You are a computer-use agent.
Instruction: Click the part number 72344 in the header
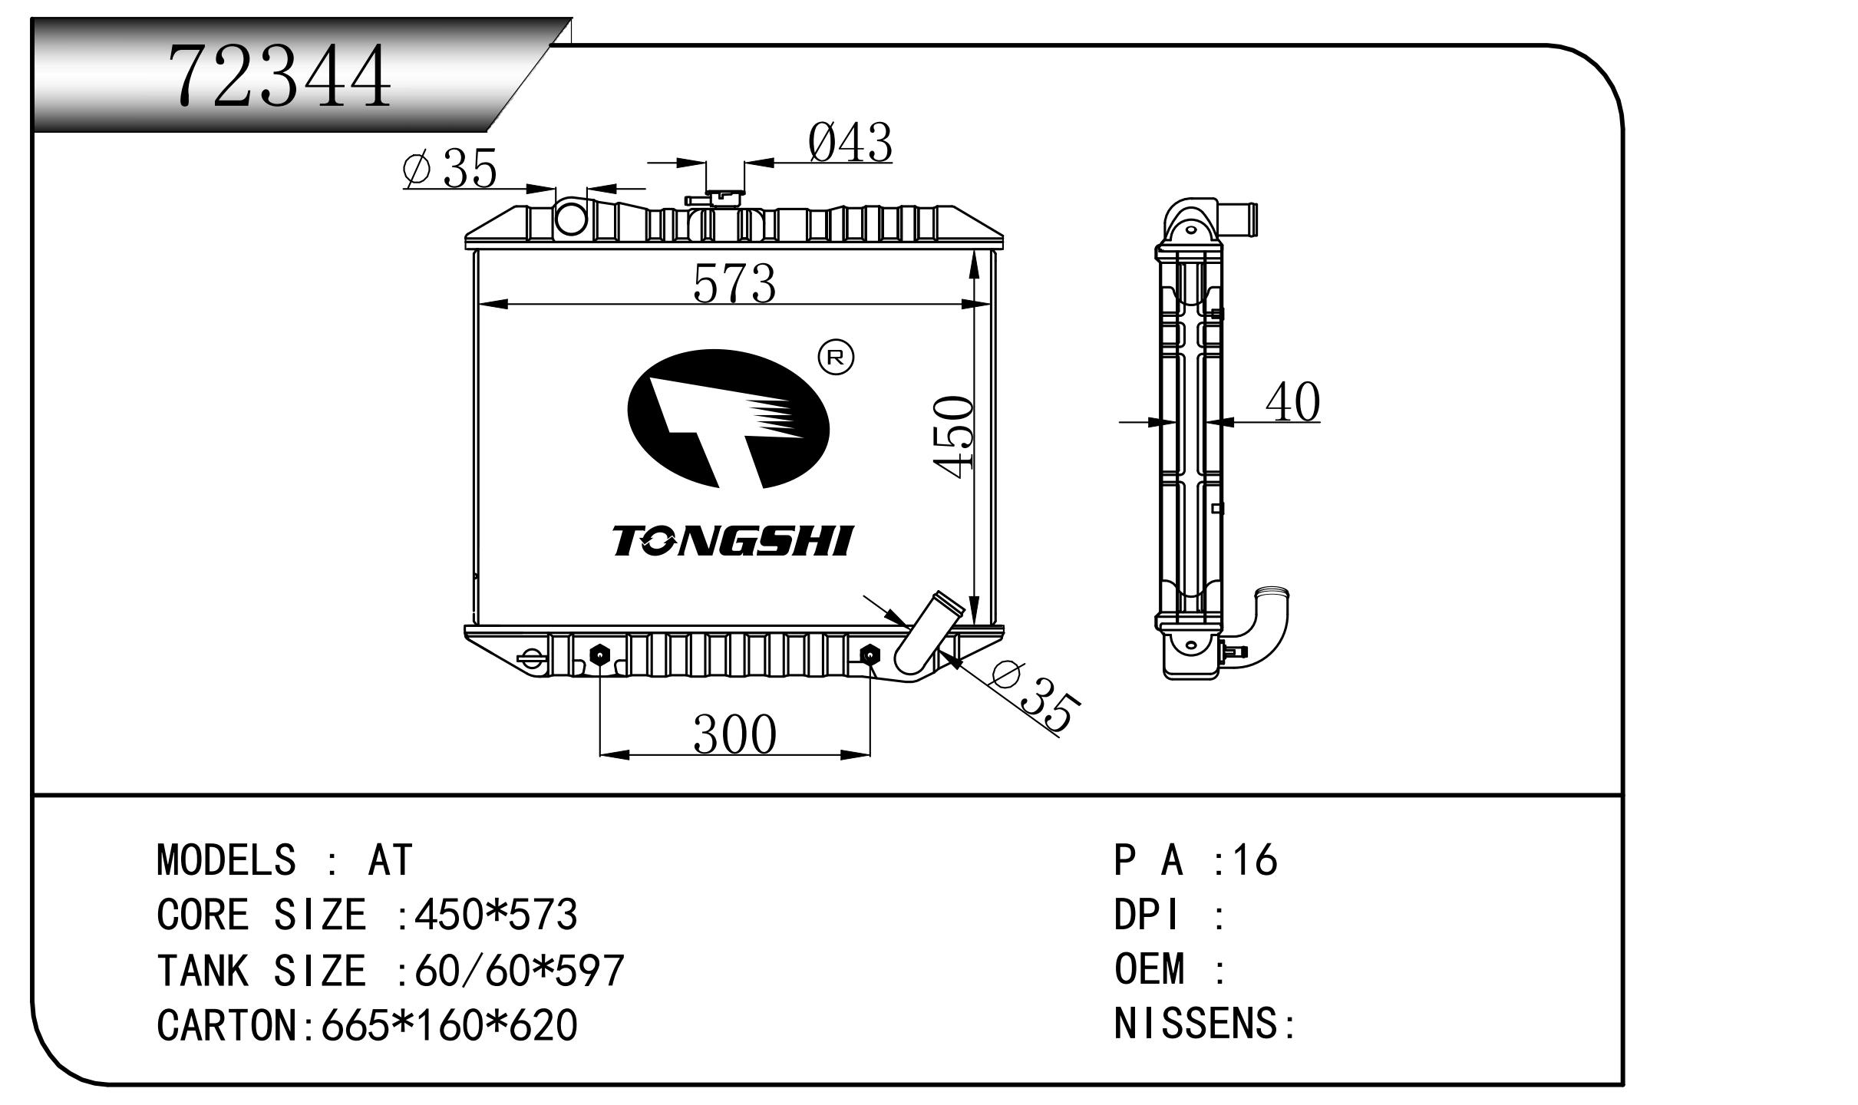pos(280,75)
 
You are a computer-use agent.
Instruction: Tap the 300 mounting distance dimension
pos(734,734)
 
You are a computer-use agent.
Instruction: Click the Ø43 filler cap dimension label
pos(850,143)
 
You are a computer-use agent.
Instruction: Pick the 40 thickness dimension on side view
pos(1292,401)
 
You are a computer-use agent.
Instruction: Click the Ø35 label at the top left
pos(450,168)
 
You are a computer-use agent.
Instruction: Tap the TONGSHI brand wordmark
pos(732,541)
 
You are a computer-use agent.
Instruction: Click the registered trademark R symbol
pos(837,357)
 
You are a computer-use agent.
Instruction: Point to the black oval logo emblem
pos(728,420)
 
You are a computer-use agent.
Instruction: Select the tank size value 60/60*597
pos(520,970)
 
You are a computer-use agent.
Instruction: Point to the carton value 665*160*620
pos(449,1024)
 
